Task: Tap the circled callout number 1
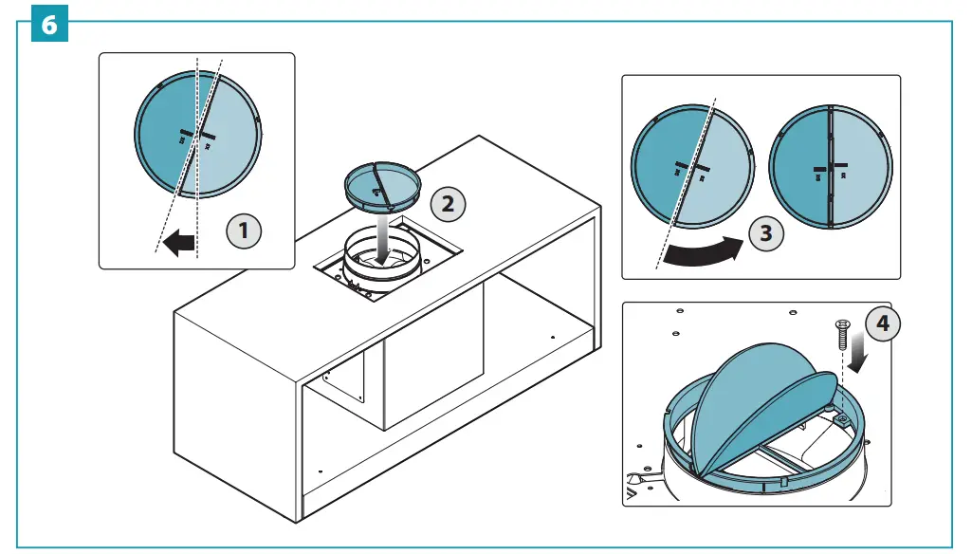tap(244, 231)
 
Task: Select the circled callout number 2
tap(448, 202)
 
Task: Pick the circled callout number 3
tap(765, 233)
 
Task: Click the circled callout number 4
tap(883, 324)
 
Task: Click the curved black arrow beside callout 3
tap(703, 251)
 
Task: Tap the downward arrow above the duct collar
tap(382, 243)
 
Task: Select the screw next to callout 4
tap(841, 337)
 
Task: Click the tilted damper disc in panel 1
tap(197, 135)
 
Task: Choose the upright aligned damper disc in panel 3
tap(831, 168)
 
